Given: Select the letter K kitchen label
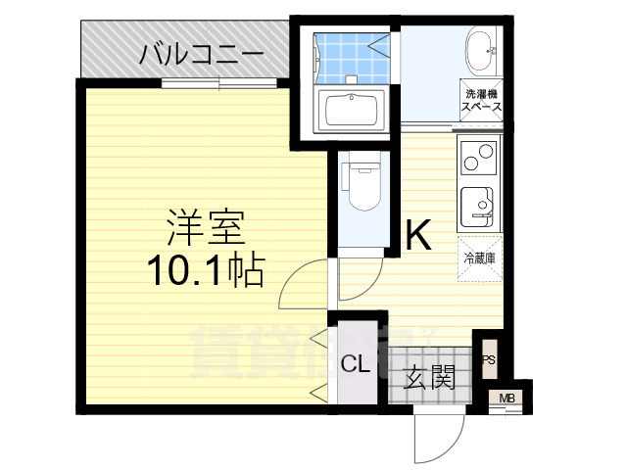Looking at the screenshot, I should (419, 235).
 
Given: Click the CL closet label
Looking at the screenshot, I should (355, 364).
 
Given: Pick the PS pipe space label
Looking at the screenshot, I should (488, 359).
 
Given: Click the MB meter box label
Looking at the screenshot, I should (506, 398).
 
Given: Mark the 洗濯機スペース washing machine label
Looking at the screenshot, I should (483, 101).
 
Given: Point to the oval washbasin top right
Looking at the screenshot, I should (481, 48).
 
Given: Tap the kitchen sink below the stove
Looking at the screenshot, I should (478, 202).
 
